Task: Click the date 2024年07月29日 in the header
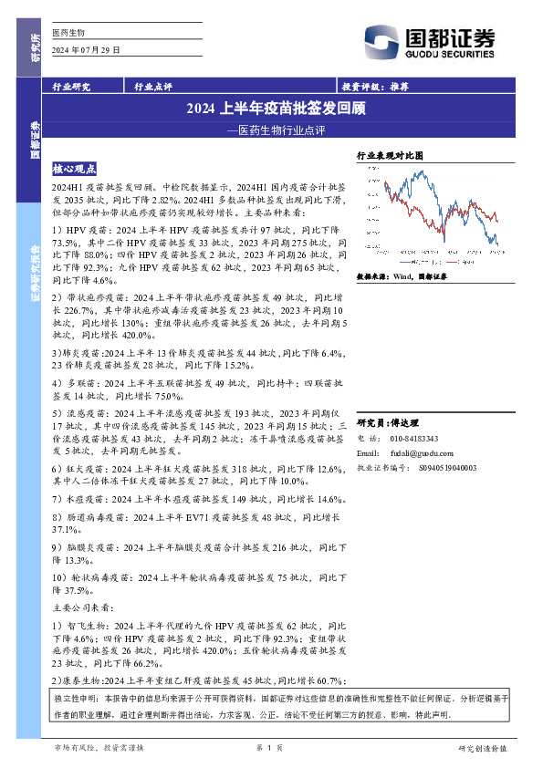click(87, 48)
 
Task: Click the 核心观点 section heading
click(81, 169)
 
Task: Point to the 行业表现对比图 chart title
click(390, 156)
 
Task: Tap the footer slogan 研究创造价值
click(481, 747)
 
